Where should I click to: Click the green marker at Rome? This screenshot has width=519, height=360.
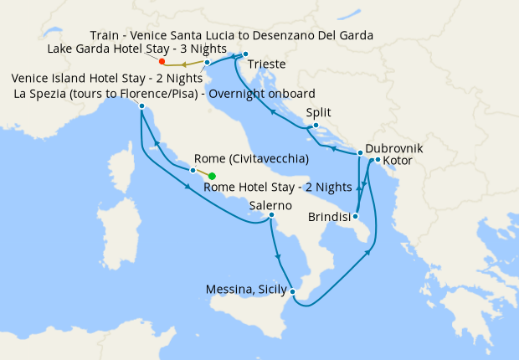pos(212,176)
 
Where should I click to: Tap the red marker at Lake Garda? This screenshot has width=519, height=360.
pos(162,61)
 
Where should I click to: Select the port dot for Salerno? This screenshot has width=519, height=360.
pos(271,215)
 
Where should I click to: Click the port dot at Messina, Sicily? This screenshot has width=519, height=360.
pos(293,291)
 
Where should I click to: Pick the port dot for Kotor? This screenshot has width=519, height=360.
pos(378,160)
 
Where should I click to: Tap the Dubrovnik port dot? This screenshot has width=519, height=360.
pos(360,153)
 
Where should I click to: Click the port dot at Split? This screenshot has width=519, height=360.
pos(316,126)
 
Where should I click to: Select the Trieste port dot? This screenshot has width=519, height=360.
pos(246,55)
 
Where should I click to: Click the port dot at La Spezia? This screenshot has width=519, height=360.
pos(142,106)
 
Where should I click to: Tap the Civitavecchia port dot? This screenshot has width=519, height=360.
pos(193,171)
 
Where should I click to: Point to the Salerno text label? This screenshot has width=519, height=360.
pos(270,205)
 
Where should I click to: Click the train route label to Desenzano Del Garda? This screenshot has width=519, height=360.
pos(231,35)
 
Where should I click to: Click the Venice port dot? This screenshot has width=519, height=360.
pos(207,62)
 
